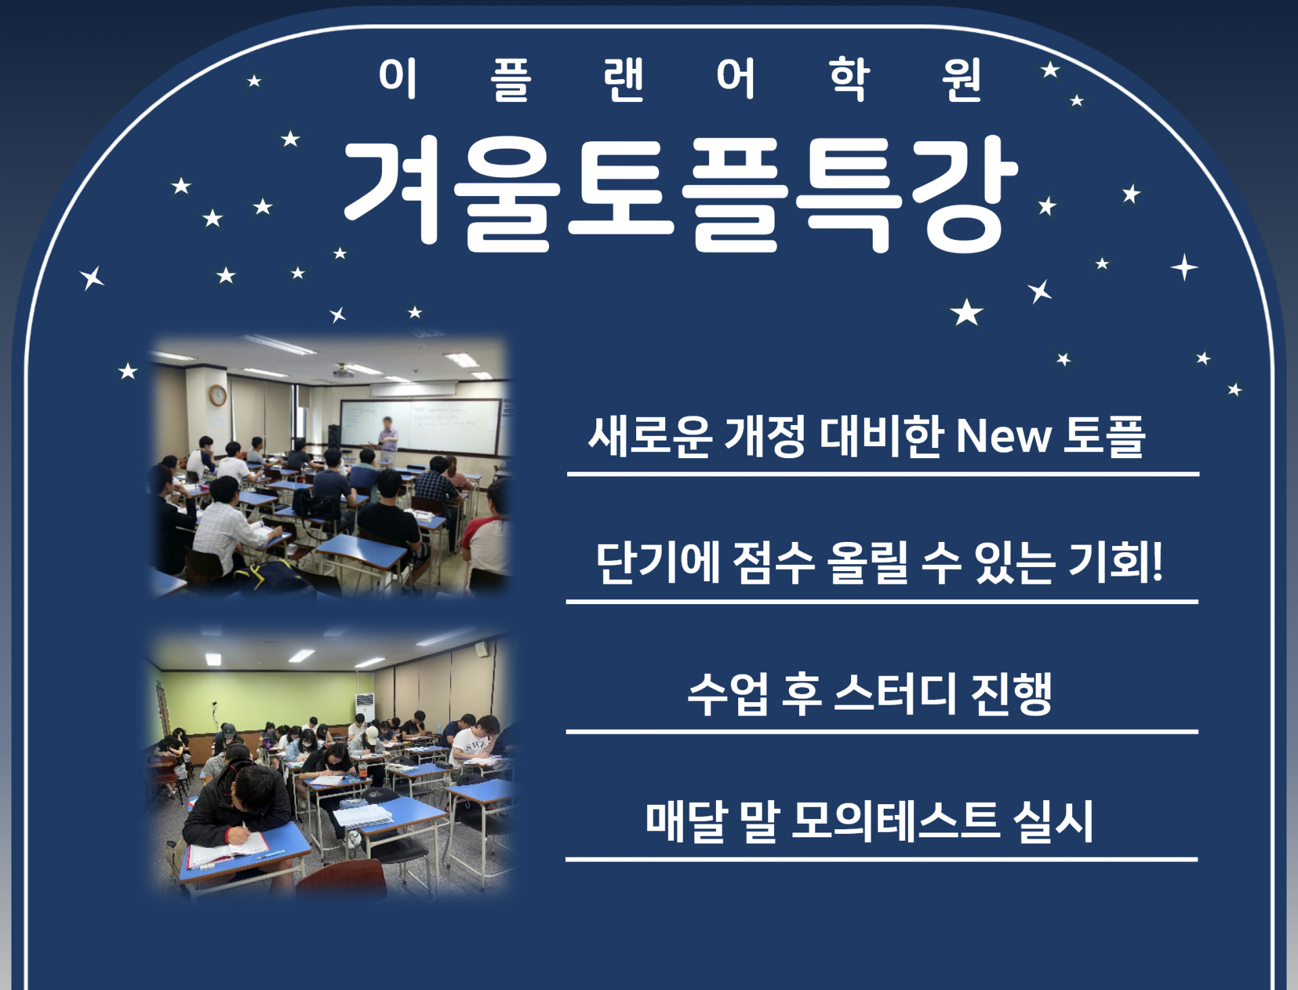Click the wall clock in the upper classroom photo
(x=218, y=395)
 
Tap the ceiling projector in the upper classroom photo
(x=343, y=371)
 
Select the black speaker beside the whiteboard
(x=334, y=435)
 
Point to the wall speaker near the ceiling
(x=481, y=649)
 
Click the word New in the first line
(x=1003, y=436)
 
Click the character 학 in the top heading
(x=849, y=79)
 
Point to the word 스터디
(x=896, y=694)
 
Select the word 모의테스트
(x=895, y=821)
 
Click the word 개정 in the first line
(x=765, y=436)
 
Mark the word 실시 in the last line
(x=1053, y=822)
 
